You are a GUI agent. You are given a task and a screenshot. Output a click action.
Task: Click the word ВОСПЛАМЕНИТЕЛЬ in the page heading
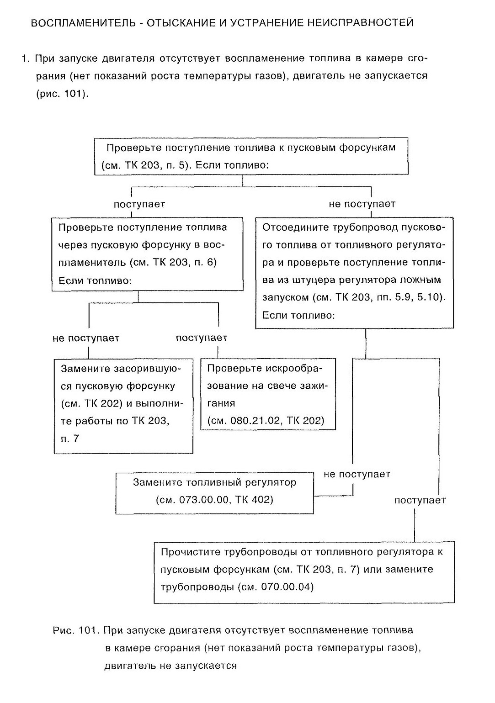[83, 23]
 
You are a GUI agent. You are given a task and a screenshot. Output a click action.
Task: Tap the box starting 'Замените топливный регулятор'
[214, 493]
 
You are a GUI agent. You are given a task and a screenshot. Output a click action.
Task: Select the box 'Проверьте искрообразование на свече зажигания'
[268, 394]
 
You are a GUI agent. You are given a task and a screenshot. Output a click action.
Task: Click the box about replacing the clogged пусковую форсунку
[123, 406]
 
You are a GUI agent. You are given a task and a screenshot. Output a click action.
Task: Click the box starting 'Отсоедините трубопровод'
[354, 273]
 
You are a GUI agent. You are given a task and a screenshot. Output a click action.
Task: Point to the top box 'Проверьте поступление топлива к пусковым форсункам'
[251, 156]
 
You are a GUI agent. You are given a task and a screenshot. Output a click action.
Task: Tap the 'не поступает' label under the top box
[362, 204]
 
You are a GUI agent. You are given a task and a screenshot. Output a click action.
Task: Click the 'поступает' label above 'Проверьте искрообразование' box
[201, 338]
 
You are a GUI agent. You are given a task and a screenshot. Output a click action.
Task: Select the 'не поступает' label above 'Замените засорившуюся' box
[86, 338]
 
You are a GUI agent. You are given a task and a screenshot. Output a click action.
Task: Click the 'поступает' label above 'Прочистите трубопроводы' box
[420, 500]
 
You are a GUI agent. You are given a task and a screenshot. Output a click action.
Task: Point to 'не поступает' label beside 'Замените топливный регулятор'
[357, 474]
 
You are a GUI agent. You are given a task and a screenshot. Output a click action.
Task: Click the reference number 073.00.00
[204, 500]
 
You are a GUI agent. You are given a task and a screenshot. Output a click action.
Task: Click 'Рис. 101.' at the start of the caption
[76, 630]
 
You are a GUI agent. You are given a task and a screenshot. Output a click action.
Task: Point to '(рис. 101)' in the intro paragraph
[62, 94]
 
